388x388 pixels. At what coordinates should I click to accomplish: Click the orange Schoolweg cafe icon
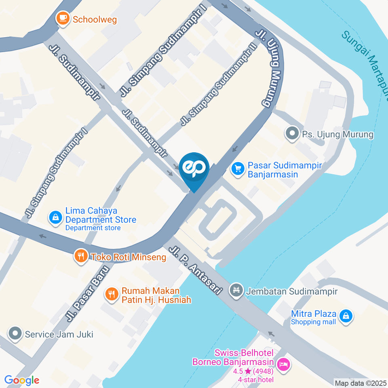point(63,18)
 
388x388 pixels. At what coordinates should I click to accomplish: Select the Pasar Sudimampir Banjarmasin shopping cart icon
point(238,169)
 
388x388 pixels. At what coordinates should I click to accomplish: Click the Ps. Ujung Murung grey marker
point(291,134)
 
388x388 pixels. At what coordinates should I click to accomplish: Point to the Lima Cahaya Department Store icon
point(55,217)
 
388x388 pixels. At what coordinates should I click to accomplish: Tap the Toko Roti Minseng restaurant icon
point(81,256)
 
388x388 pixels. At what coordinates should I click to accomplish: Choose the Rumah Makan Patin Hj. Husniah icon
point(112,295)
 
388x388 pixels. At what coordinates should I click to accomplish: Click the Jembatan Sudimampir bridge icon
point(236,290)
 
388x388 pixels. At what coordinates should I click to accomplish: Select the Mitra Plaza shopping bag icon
point(346,316)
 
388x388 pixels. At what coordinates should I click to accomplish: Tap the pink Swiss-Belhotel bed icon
point(284,364)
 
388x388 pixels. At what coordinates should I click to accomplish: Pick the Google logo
point(22,380)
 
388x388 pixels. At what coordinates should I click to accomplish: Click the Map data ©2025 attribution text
point(361,382)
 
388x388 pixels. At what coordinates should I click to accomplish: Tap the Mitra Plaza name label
point(314,314)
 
